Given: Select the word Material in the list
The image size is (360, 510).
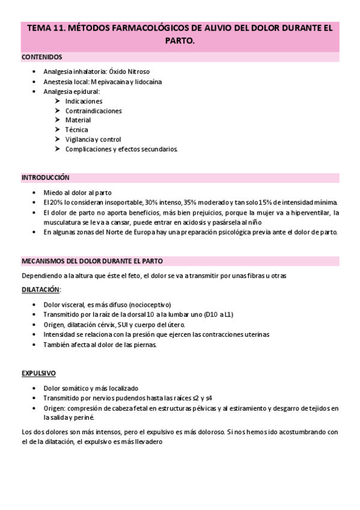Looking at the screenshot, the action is point(78,120).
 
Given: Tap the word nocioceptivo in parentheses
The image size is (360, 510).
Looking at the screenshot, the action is point(153,304).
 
